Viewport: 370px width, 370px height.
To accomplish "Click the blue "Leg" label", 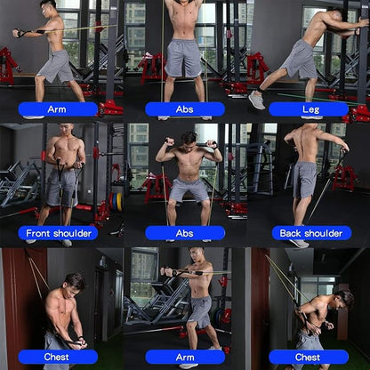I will (x=310, y=109).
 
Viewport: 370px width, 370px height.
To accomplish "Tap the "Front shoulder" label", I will (x=58, y=233).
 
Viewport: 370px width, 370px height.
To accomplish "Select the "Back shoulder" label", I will (x=310, y=233).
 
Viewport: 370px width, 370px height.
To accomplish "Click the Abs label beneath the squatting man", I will (x=184, y=233).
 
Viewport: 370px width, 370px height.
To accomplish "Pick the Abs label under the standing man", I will (x=184, y=109).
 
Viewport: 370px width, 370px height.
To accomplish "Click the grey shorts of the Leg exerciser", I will (x=301, y=60).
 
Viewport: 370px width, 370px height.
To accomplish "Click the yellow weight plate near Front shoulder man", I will (x=118, y=202).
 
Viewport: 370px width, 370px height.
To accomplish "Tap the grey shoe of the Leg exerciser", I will (x=256, y=100).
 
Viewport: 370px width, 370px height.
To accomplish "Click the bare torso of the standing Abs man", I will (x=184, y=25).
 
